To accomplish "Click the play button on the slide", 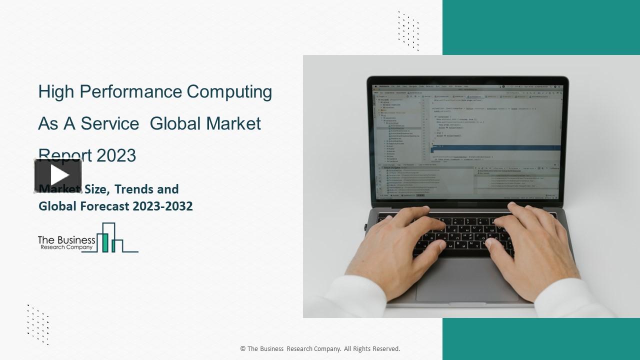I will click(x=58, y=175).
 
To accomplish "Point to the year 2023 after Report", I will click(x=116, y=155).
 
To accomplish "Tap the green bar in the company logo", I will click(x=105, y=242).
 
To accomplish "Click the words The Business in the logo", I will click(x=66, y=240).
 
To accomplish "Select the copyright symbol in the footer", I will click(x=242, y=349).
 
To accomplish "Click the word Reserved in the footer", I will click(x=383, y=349).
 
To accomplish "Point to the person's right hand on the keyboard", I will click(x=530, y=240).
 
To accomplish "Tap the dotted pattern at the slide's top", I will click(x=408, y=31).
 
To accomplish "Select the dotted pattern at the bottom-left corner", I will click(x=38, y=324).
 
